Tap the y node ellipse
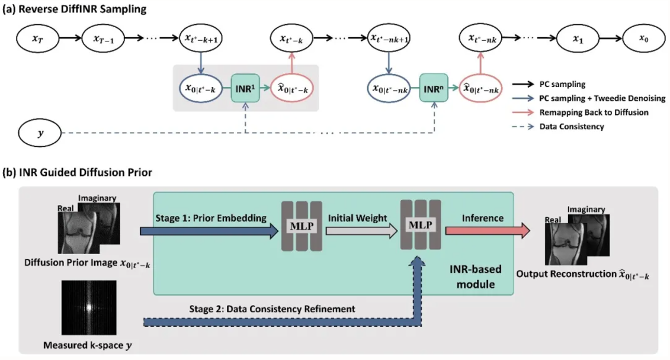coord(40,132)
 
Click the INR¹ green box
coord(245,89)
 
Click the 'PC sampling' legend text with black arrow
coord(561,84)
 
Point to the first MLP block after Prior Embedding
coord(300,227)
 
